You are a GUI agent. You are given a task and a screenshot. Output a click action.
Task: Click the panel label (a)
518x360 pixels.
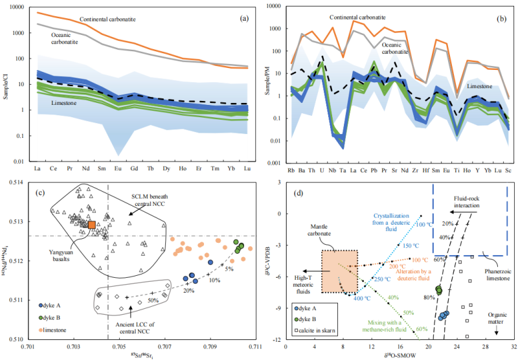click(x=245, y=17)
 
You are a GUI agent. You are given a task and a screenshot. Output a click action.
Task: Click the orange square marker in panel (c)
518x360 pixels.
click(x=92, y=225)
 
